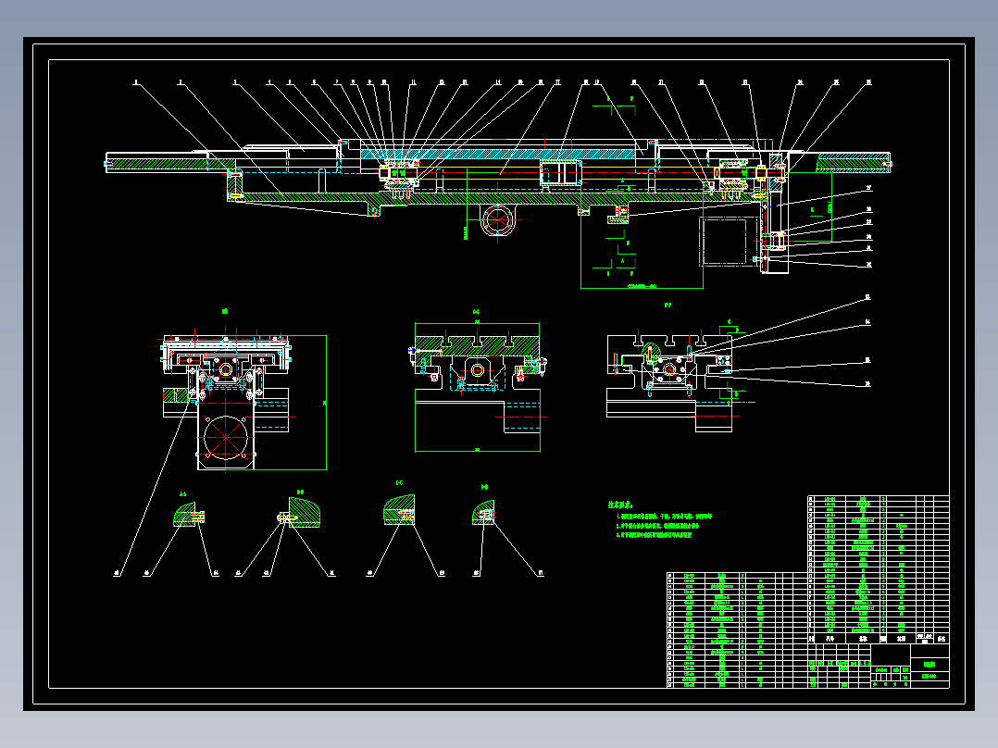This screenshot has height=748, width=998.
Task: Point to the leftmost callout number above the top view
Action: tap(135, 82)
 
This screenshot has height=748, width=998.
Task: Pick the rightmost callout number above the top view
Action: tap(868, 82)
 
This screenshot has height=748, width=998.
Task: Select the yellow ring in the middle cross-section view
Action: tap(478, 370)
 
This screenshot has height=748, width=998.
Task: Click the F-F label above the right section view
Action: tap(667, 305)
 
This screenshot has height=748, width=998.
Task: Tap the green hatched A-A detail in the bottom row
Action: tap(188, 516)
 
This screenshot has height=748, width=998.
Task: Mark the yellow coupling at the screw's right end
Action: tap(762, 171)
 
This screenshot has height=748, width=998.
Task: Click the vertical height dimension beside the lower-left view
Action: tap(324, 403)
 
